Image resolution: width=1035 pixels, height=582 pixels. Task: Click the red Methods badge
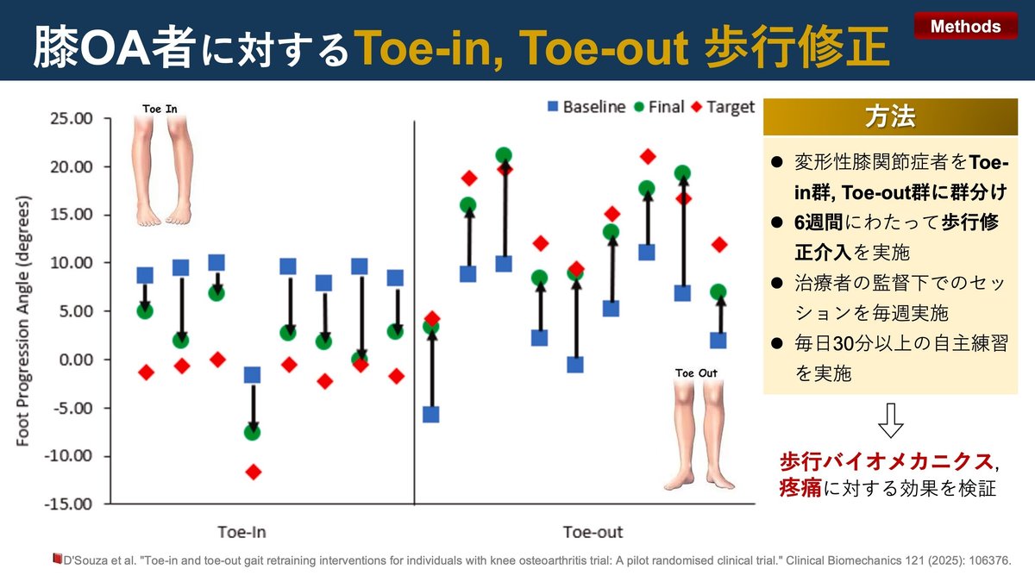point(964,27)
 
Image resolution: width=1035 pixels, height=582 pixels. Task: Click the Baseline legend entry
point(587,107)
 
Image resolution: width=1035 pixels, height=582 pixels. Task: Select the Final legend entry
point(658,107)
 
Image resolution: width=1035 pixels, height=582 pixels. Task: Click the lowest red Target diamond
point(253,472)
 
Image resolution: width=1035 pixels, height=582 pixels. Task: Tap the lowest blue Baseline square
point(430,414)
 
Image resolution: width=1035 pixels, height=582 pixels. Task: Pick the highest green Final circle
point(504,156)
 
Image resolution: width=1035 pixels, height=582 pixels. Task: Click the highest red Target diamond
point(648,156)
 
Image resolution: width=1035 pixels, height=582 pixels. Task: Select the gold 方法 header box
point(889,116)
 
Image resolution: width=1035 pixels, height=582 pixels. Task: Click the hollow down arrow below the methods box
point(890,422)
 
